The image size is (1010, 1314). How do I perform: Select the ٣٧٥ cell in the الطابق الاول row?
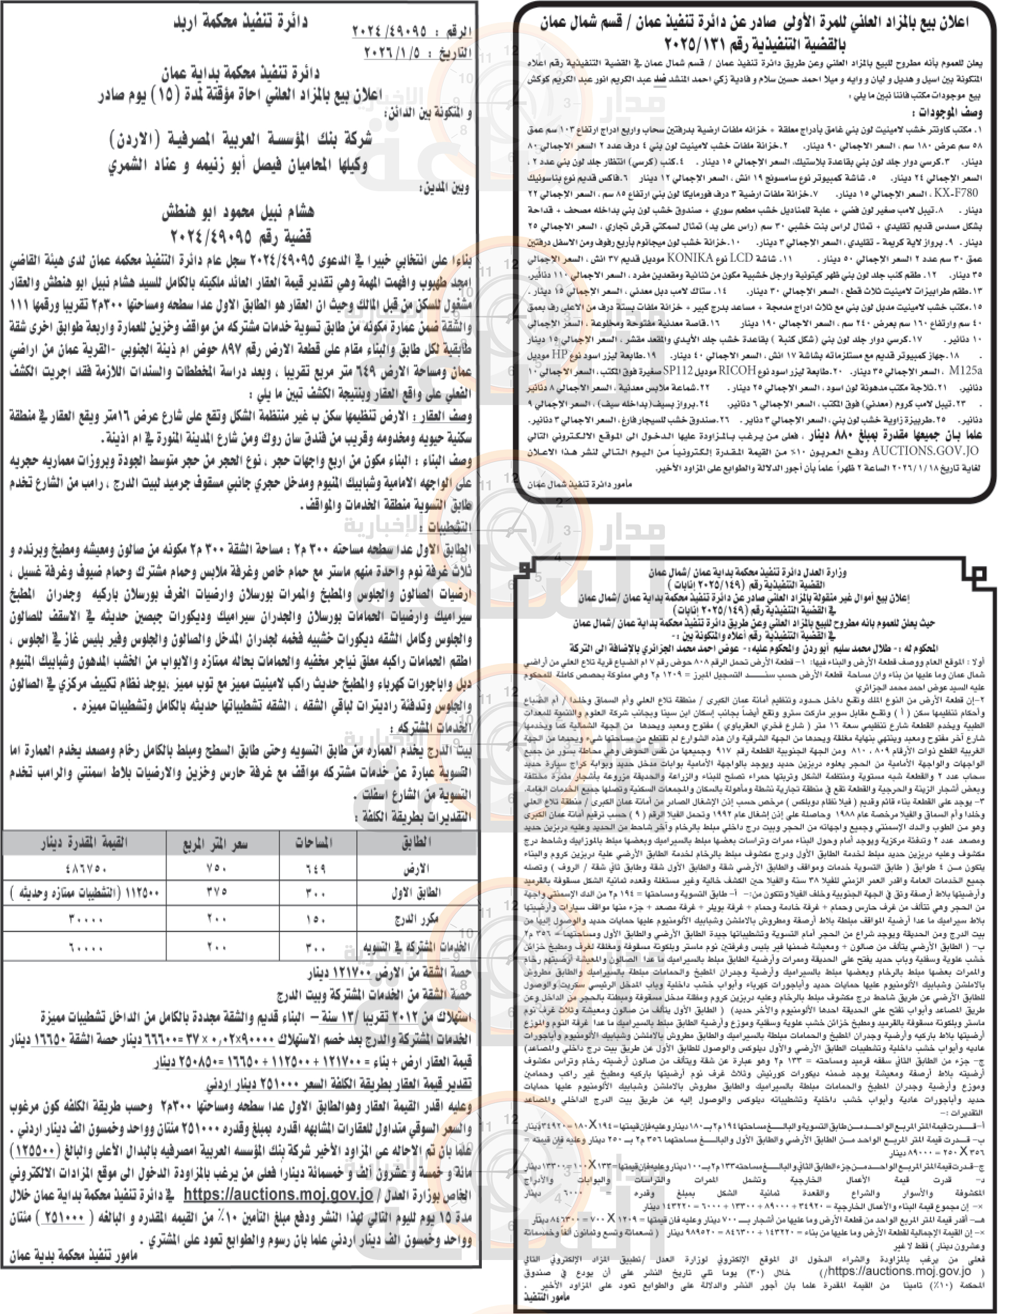pos(215,893)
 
